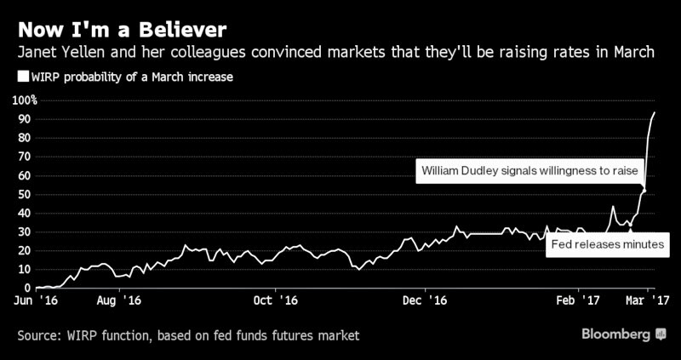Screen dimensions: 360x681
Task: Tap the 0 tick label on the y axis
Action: tap(27, 289)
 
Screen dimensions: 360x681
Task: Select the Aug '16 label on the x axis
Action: tap(118, 300)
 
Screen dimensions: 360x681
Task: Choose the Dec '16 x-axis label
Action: tap(425, 300)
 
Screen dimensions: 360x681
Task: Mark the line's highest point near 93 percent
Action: tap(654, 112)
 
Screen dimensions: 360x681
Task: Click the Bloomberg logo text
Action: tap(617, 335)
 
